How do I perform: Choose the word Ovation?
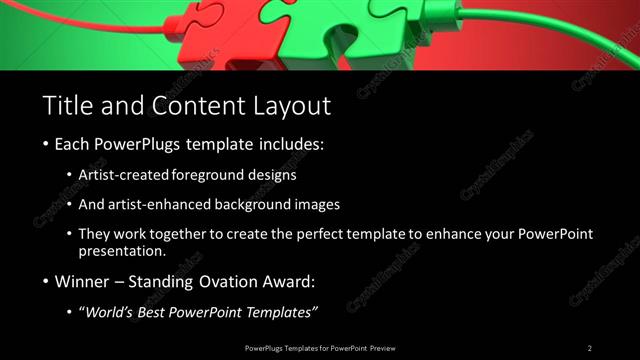click(235, 282)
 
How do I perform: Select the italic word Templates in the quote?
click(281, 313)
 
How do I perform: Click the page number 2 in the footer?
click(590, 348)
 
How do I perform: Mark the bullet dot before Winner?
click(47, 283)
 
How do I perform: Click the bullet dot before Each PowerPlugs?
click(47, 145)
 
